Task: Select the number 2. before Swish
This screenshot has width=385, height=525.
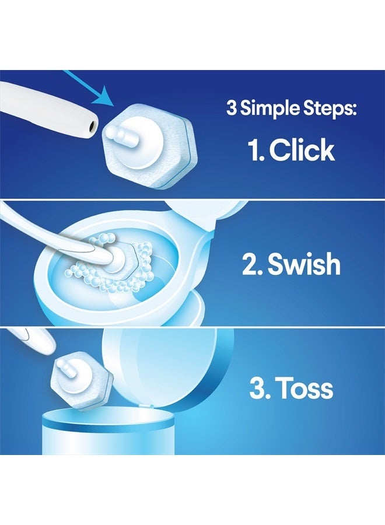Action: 252,264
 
